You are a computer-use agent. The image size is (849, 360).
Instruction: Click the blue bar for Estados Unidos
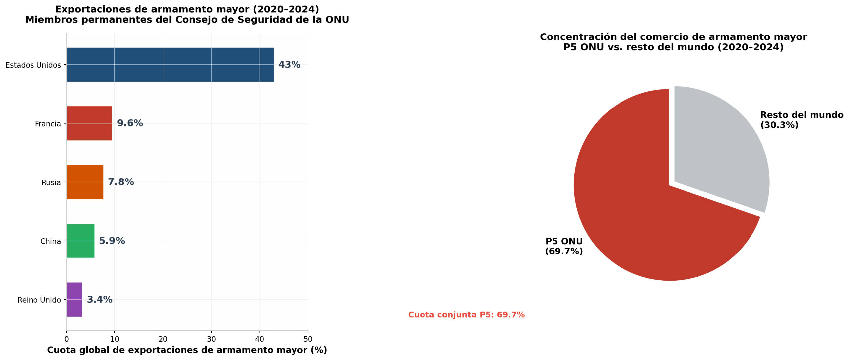coord(170,65)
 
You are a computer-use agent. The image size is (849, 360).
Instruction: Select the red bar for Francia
coord(90,123)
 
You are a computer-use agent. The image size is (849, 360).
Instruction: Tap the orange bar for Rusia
coord(85,182)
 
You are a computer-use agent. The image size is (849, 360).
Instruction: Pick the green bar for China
coord(81,241)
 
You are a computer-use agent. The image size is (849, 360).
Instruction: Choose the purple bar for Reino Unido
coord(75,300)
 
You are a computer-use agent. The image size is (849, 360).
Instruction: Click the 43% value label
coord(289,65)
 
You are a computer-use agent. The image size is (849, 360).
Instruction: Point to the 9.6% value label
coord(130,123)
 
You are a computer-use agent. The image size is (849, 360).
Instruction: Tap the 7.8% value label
coord(121,182)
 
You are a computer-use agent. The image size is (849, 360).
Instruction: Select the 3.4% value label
coord(99,300)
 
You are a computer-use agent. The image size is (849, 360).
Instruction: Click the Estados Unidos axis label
coord(33,65)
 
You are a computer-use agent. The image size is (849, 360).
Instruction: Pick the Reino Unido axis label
coord(39,300)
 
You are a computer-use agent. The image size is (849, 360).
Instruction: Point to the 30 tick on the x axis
coord(211,339)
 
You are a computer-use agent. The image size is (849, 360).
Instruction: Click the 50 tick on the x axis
coord(308,339)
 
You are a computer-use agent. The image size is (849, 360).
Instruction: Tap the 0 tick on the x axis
coord(67,339)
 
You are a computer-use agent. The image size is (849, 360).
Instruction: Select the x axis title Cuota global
coord(187,350)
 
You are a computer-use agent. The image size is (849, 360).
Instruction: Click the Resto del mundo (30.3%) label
coord(802,120)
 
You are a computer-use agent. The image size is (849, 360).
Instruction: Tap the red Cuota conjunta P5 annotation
coord(466,315)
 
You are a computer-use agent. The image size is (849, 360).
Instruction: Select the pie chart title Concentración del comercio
coord(674,42)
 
